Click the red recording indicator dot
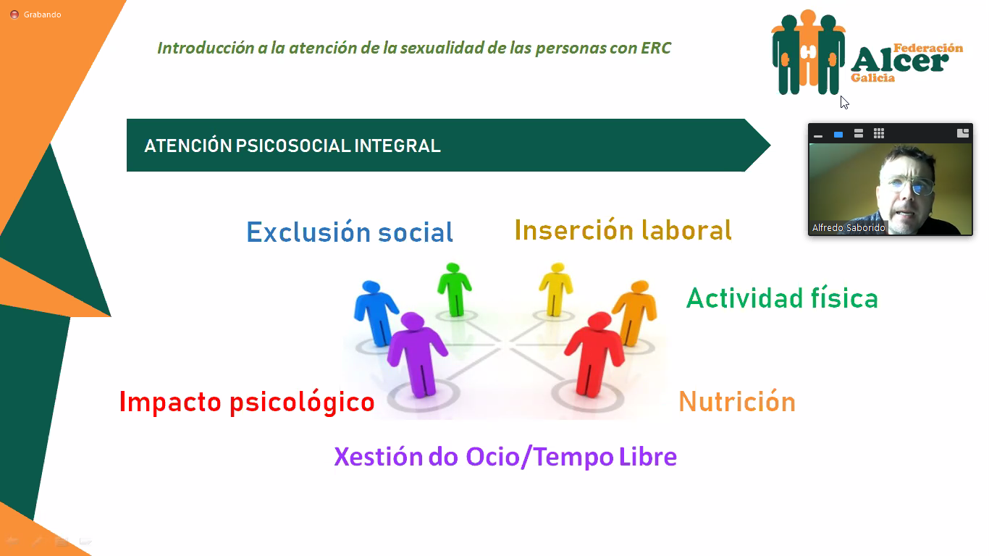click(14, 14)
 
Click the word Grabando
click(43, 14)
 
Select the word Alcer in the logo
click(899, 62)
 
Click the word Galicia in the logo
click(873, 78)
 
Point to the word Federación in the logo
click(928, 48)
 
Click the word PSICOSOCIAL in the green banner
click(293, 146)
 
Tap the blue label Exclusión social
click(350, 232)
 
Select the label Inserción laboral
click(623, 230)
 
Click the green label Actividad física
click(782, 298)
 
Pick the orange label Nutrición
click(737, 401)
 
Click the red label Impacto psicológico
click(247, 403)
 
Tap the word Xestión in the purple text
click(379, 457)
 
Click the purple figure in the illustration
click(417, 354)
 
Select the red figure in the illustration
click(594, 354)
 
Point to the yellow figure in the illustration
click(556, 290)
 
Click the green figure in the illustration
click(455, 290)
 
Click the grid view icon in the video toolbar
click(879, 134)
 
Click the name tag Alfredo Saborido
click(849, 228)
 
